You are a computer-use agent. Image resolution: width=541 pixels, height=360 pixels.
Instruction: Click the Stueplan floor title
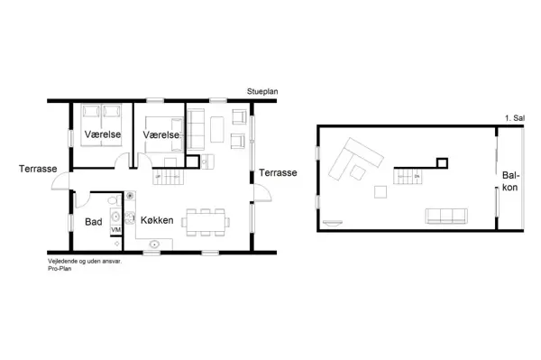pyautogui.click(x=262, y=91)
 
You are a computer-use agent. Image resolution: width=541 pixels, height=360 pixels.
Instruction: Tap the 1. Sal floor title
pyautogui.click(x=515, y=118)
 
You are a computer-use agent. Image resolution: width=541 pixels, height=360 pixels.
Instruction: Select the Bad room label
pyautogui.click(x=94, y=222)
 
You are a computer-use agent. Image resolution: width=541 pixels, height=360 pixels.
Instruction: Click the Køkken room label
pyautogui.click(x=157, y=220)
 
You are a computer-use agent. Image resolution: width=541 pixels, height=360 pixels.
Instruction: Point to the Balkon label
pyautogui.click(x=510, y=181)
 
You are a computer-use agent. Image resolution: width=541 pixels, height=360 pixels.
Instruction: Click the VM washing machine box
pyautogui.click(x=116, y=229)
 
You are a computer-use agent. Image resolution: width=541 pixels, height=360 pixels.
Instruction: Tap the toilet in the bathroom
pyautogui.click(x=115, y=200)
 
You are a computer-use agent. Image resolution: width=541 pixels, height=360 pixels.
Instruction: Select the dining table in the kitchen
pyautogui.click(x=205, y=222)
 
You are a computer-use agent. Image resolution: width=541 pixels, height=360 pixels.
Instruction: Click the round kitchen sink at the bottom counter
pyautogui.click(x=154, y=245)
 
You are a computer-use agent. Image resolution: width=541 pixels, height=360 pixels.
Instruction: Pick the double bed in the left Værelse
pyautogui.click(x=101, y=125)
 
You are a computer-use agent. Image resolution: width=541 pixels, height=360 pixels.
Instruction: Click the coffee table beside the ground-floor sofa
pyautogui.click(x=217, y=129)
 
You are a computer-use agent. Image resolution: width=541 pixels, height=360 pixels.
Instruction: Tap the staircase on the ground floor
pyautogui.click(x=168, y=177)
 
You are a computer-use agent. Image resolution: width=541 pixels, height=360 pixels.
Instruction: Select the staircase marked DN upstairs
pyautogui.click(x=408, y=176)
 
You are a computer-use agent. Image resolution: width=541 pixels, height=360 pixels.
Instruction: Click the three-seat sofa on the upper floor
pyautogui.click(x=446, y=216)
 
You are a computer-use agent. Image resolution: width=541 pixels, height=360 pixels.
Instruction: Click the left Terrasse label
pyautogui.click(x=38, y=169)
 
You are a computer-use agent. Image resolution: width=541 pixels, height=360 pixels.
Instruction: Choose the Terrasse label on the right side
pyautogui.click(x=278, y=172)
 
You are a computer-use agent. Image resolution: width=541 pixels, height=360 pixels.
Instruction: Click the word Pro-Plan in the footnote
pyautogui.click(x=60, y=269)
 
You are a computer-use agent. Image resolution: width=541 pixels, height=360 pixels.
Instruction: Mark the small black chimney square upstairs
pyautogui.click(x=442, y=163)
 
